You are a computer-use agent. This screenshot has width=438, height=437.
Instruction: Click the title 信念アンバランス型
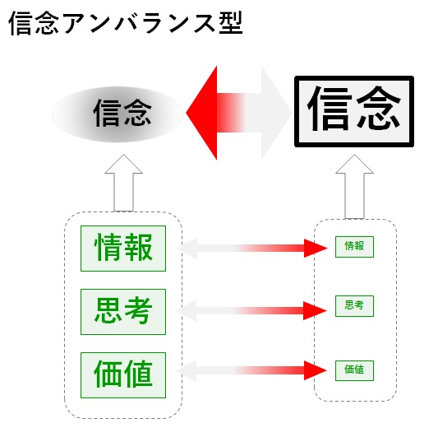point(126,24)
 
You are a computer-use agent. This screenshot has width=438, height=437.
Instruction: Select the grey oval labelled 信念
point(118,114)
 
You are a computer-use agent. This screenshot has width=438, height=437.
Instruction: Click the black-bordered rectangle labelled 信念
point(354,111)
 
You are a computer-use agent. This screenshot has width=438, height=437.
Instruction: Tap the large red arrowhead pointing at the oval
point(201,113)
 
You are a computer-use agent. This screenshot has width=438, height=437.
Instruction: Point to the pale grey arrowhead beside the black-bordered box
point(277,113)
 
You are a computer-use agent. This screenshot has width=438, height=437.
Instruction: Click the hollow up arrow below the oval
point(123,183)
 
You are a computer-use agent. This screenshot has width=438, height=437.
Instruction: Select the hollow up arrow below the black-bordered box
point(354,186)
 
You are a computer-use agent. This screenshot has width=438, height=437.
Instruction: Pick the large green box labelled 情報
point(123,249)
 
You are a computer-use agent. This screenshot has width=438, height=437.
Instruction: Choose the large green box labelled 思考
point(123,312)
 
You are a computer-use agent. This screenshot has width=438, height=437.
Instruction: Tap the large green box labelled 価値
point(123,375)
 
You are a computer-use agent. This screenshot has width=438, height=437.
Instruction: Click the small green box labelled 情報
point(354,247)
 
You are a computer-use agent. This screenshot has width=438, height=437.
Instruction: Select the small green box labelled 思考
point(354,306)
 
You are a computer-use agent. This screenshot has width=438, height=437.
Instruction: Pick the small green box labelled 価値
point(354,370)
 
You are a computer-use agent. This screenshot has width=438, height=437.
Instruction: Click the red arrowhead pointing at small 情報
point(316,248)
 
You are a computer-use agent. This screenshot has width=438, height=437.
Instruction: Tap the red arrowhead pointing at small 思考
point(315,310)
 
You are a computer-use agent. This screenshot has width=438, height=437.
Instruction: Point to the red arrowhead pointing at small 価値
point(316,370)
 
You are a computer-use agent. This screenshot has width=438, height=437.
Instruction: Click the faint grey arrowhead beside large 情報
point(187,249)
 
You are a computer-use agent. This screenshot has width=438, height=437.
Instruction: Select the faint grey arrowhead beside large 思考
point(187,310)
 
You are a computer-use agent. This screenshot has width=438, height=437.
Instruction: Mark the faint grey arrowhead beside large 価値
point(187,370)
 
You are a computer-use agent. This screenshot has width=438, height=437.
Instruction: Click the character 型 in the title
point(231,24)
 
